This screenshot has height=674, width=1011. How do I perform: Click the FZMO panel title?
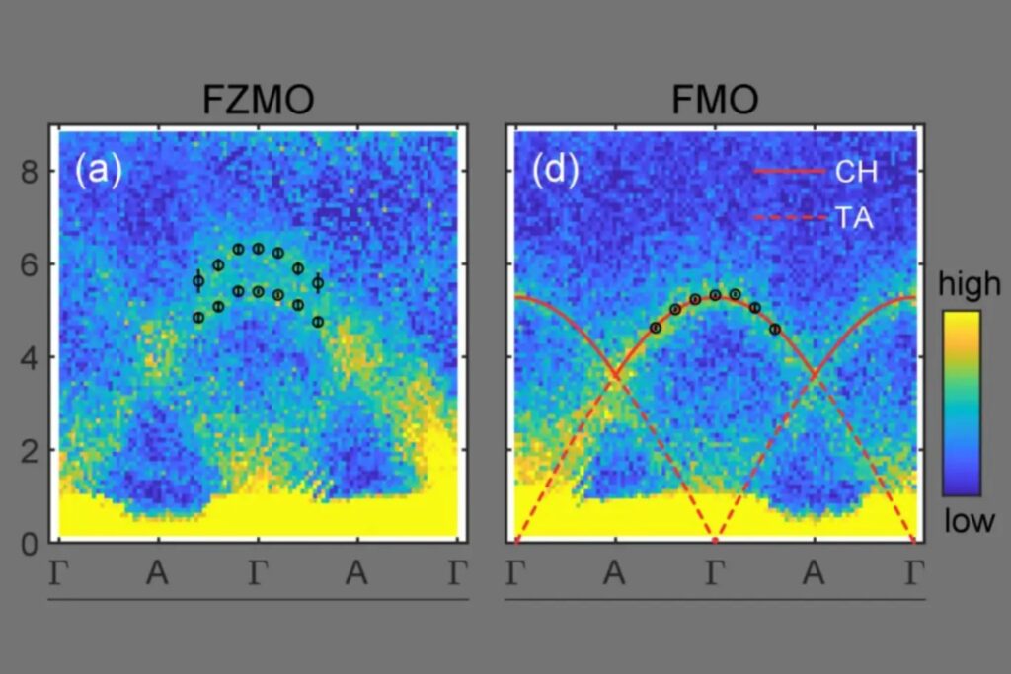point(259,101)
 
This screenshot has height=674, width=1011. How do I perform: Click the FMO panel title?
point(716,101)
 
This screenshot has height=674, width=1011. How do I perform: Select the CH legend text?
point(856,173)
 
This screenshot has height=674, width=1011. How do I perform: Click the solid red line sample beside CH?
point(789,172)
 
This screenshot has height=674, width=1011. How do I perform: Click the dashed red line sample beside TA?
point(789,217)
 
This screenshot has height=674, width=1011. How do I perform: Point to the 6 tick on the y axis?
point(29,265)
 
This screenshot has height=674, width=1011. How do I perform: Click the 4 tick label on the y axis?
point(29,358)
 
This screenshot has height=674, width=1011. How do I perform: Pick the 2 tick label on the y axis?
point(29,450)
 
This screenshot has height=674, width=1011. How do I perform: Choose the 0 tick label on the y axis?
point(29,542)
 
